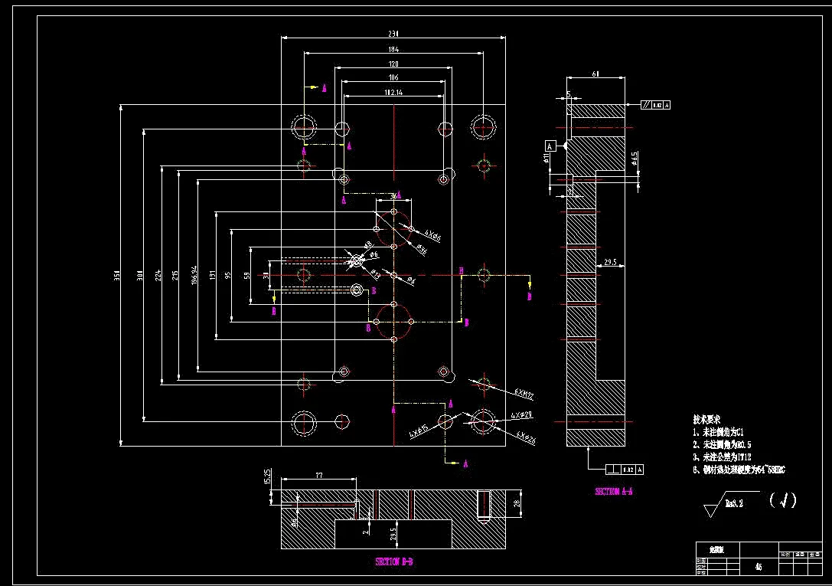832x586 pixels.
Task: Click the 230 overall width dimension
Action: point(393,34)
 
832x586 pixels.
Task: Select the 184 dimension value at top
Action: point(393,50)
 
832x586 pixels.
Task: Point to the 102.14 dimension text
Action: point(393,93)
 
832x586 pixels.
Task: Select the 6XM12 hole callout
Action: point(524,394)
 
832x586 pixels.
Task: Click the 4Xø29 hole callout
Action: point(521,414)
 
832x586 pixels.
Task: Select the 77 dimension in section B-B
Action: point(319,476)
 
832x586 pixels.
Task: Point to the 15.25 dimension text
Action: point(267,476)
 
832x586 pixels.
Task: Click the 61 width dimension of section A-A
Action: point(595,74)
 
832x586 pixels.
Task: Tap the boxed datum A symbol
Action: point(550,145)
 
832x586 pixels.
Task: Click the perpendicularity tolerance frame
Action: point(625,469)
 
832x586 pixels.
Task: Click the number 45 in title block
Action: point(758,567)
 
